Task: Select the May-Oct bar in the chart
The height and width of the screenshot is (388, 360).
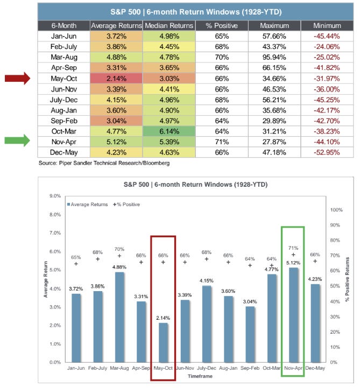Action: click(x=163, y=342)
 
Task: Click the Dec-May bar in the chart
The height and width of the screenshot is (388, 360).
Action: click(x=315, y=323)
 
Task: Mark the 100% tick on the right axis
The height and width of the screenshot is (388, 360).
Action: click(x=336, y=209)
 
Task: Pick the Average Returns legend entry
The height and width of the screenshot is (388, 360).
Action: click(x=86, y=204)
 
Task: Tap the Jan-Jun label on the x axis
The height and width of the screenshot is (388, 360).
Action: click(x=76, y=369)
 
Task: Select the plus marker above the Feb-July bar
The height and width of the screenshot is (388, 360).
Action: click(x=98, y=259)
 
